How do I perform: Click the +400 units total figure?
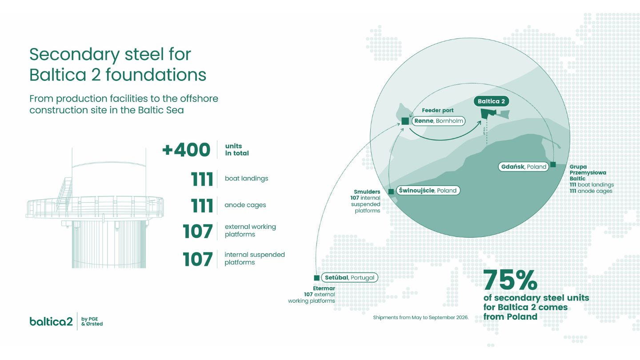coord(186,150)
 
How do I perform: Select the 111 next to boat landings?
coord(202,179)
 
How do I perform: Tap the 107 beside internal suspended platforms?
coord(198,259)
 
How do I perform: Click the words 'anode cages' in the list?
coord(245,205)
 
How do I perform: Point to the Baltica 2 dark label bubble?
coord(491,101)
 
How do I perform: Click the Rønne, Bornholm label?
coord(439,121)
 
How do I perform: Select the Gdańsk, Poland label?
coord(524,167)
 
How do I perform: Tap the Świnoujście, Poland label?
coord(428,190)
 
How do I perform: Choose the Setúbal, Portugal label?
coord(349,277)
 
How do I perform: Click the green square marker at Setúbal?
coord(316,278)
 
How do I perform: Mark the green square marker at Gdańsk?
coord(553,164)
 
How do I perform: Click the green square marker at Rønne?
coord(405,121)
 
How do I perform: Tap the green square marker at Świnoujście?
coord(391,192)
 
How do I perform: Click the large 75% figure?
coord(510,280)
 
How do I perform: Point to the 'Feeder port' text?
coord(437,110)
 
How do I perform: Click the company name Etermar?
coord(324,288)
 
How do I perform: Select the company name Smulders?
coord(367,192)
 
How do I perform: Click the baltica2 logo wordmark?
coord(51,321)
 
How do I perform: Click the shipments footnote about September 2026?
coord(420,317)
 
